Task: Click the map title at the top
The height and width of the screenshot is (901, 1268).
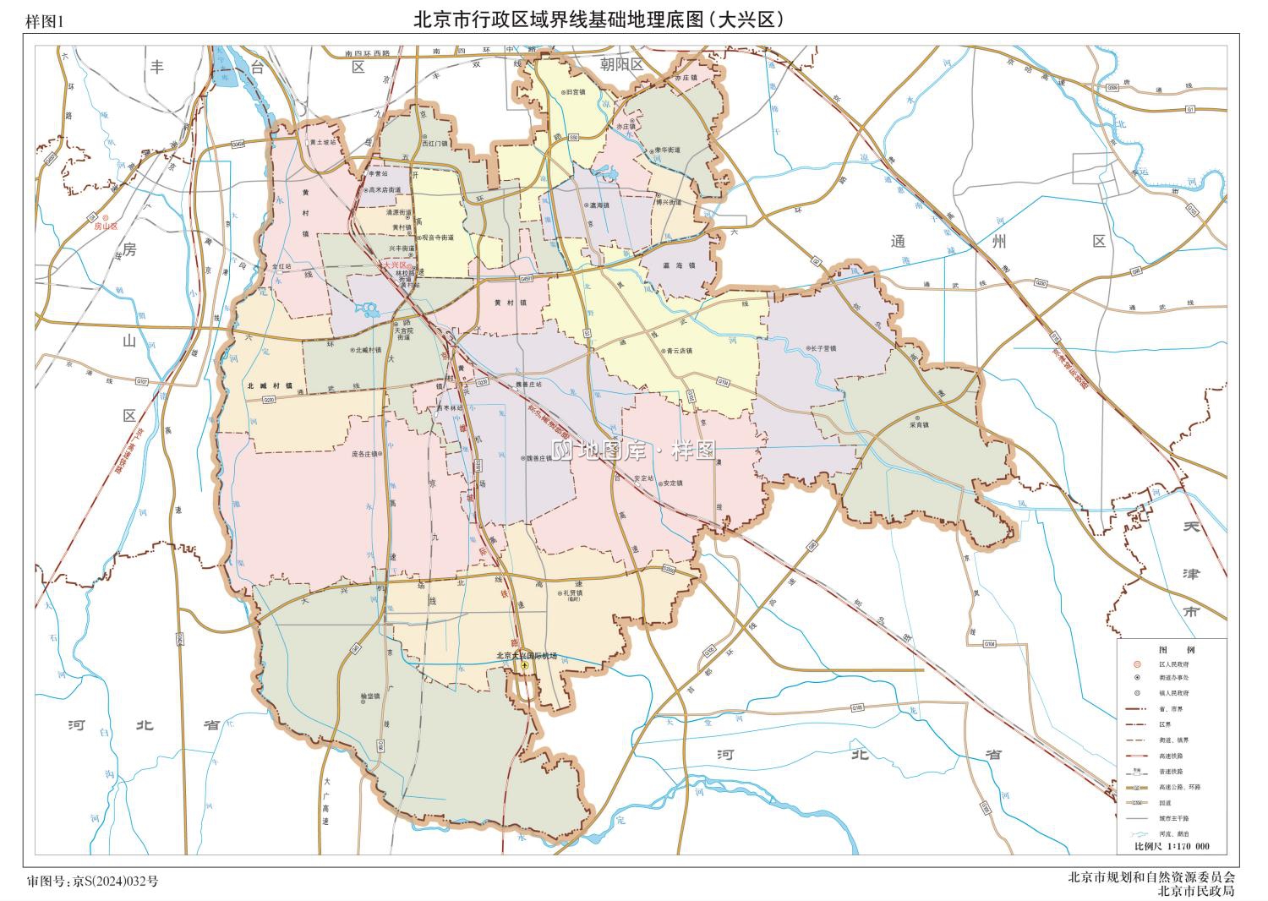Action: click(x=598, y=19)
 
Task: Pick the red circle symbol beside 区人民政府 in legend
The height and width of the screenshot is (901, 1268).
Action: click(x=1138, y=665)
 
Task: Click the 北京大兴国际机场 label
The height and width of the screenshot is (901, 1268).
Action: click(x=527, y=656)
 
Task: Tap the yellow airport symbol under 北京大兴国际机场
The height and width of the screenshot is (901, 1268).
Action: click(x=525, y=666)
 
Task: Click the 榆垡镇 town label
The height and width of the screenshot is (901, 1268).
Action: click(x=370, y=696)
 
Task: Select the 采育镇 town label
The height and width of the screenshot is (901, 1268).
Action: click(x=920, y=424)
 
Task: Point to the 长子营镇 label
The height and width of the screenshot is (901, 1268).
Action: click(x=822, y=348)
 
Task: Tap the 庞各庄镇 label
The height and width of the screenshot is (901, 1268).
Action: click(x=366, y=454)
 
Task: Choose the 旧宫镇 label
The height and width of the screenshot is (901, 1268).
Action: click(x=577, y=91)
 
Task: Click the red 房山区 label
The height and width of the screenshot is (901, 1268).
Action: click(x=109, y=227)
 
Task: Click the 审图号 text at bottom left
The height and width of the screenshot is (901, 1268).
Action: click(x=93, y=882)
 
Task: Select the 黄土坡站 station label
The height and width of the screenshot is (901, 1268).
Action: click(x=323, y=143)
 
